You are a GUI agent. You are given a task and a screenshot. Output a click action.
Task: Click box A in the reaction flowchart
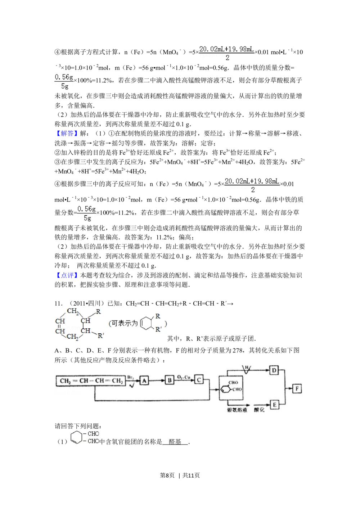(x=144, y=380)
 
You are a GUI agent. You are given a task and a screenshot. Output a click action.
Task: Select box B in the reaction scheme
(x=170, y=380)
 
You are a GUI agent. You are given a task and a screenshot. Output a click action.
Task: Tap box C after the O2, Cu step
(x=199, y=380)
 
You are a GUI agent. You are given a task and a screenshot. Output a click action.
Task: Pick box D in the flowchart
(x=274, y=370)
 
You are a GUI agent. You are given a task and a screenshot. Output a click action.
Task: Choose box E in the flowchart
(x=274, y=405)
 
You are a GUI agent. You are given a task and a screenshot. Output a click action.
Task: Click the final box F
(x=297, y=388)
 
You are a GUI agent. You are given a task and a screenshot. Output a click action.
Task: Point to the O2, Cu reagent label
(x=184, y=377)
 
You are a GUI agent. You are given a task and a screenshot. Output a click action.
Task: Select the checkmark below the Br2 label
(x=131, y=386)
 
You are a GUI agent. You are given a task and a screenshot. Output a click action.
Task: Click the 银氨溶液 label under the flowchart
(x=237, y=410)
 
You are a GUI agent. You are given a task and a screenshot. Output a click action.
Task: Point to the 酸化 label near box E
(x=259, y=410)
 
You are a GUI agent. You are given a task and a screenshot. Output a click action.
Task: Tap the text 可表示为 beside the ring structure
(x=124, y=323)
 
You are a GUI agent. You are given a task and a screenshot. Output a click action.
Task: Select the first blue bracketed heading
(x=67, y=134)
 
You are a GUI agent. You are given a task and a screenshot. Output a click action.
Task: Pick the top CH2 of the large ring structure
(x=72, y=311)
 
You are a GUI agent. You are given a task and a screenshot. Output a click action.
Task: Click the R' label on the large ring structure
(x=101, y=336)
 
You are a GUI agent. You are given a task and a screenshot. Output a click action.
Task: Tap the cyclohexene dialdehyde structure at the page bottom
(x=85, y=437)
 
